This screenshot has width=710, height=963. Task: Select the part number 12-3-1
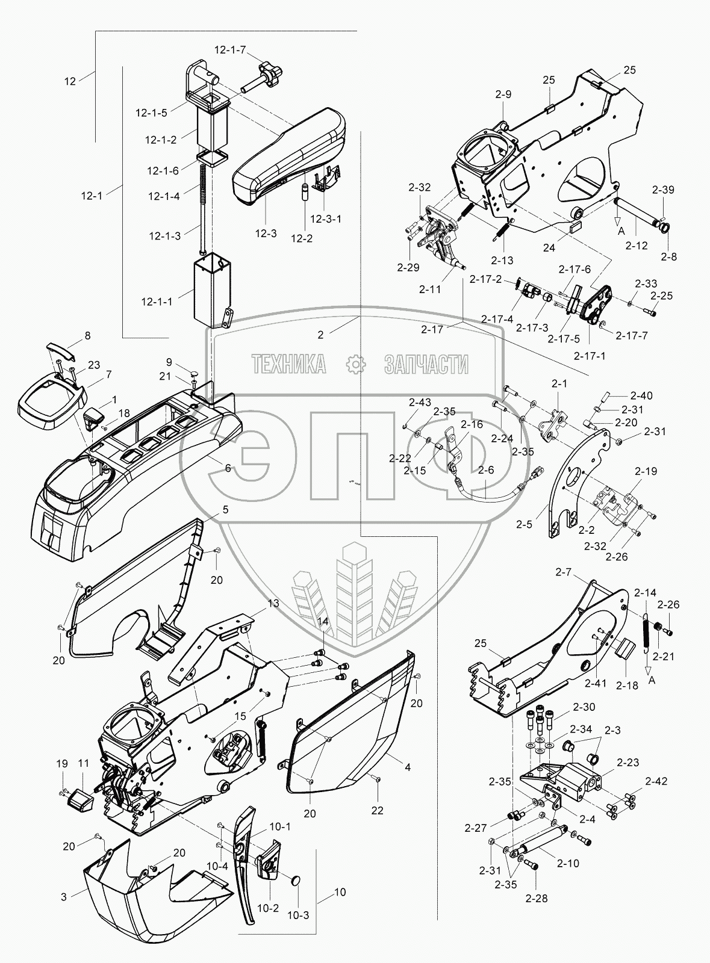(326, 218)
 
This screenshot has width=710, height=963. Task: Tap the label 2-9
(503, 94)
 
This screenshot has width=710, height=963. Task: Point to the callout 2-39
(662, 190)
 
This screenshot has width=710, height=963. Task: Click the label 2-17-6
(575, 269)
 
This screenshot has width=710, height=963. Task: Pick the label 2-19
(645, 471)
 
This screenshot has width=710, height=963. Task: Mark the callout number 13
(257, 603)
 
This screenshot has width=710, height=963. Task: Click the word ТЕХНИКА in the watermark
(288, 364)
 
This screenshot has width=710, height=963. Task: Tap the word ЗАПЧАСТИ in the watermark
(426, 364)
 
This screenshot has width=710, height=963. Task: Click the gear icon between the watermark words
(355, 364)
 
